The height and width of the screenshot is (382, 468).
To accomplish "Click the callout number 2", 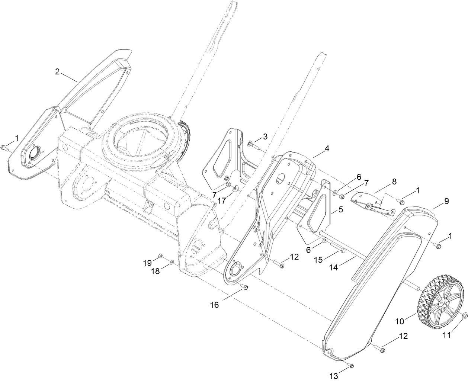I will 57,72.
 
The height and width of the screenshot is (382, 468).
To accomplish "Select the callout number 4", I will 327,148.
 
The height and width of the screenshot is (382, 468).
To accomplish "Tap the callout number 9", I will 446,201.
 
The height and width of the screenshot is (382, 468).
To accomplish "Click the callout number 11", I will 446,335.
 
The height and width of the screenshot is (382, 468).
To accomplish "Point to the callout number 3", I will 265,137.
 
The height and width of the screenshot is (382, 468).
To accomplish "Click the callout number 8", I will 394,182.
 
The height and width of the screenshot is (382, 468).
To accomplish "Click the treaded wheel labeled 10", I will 442,301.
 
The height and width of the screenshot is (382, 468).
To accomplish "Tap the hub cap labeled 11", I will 464,316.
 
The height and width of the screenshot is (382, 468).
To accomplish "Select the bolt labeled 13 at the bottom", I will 351,366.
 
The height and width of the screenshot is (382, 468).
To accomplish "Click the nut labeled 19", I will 160,256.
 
